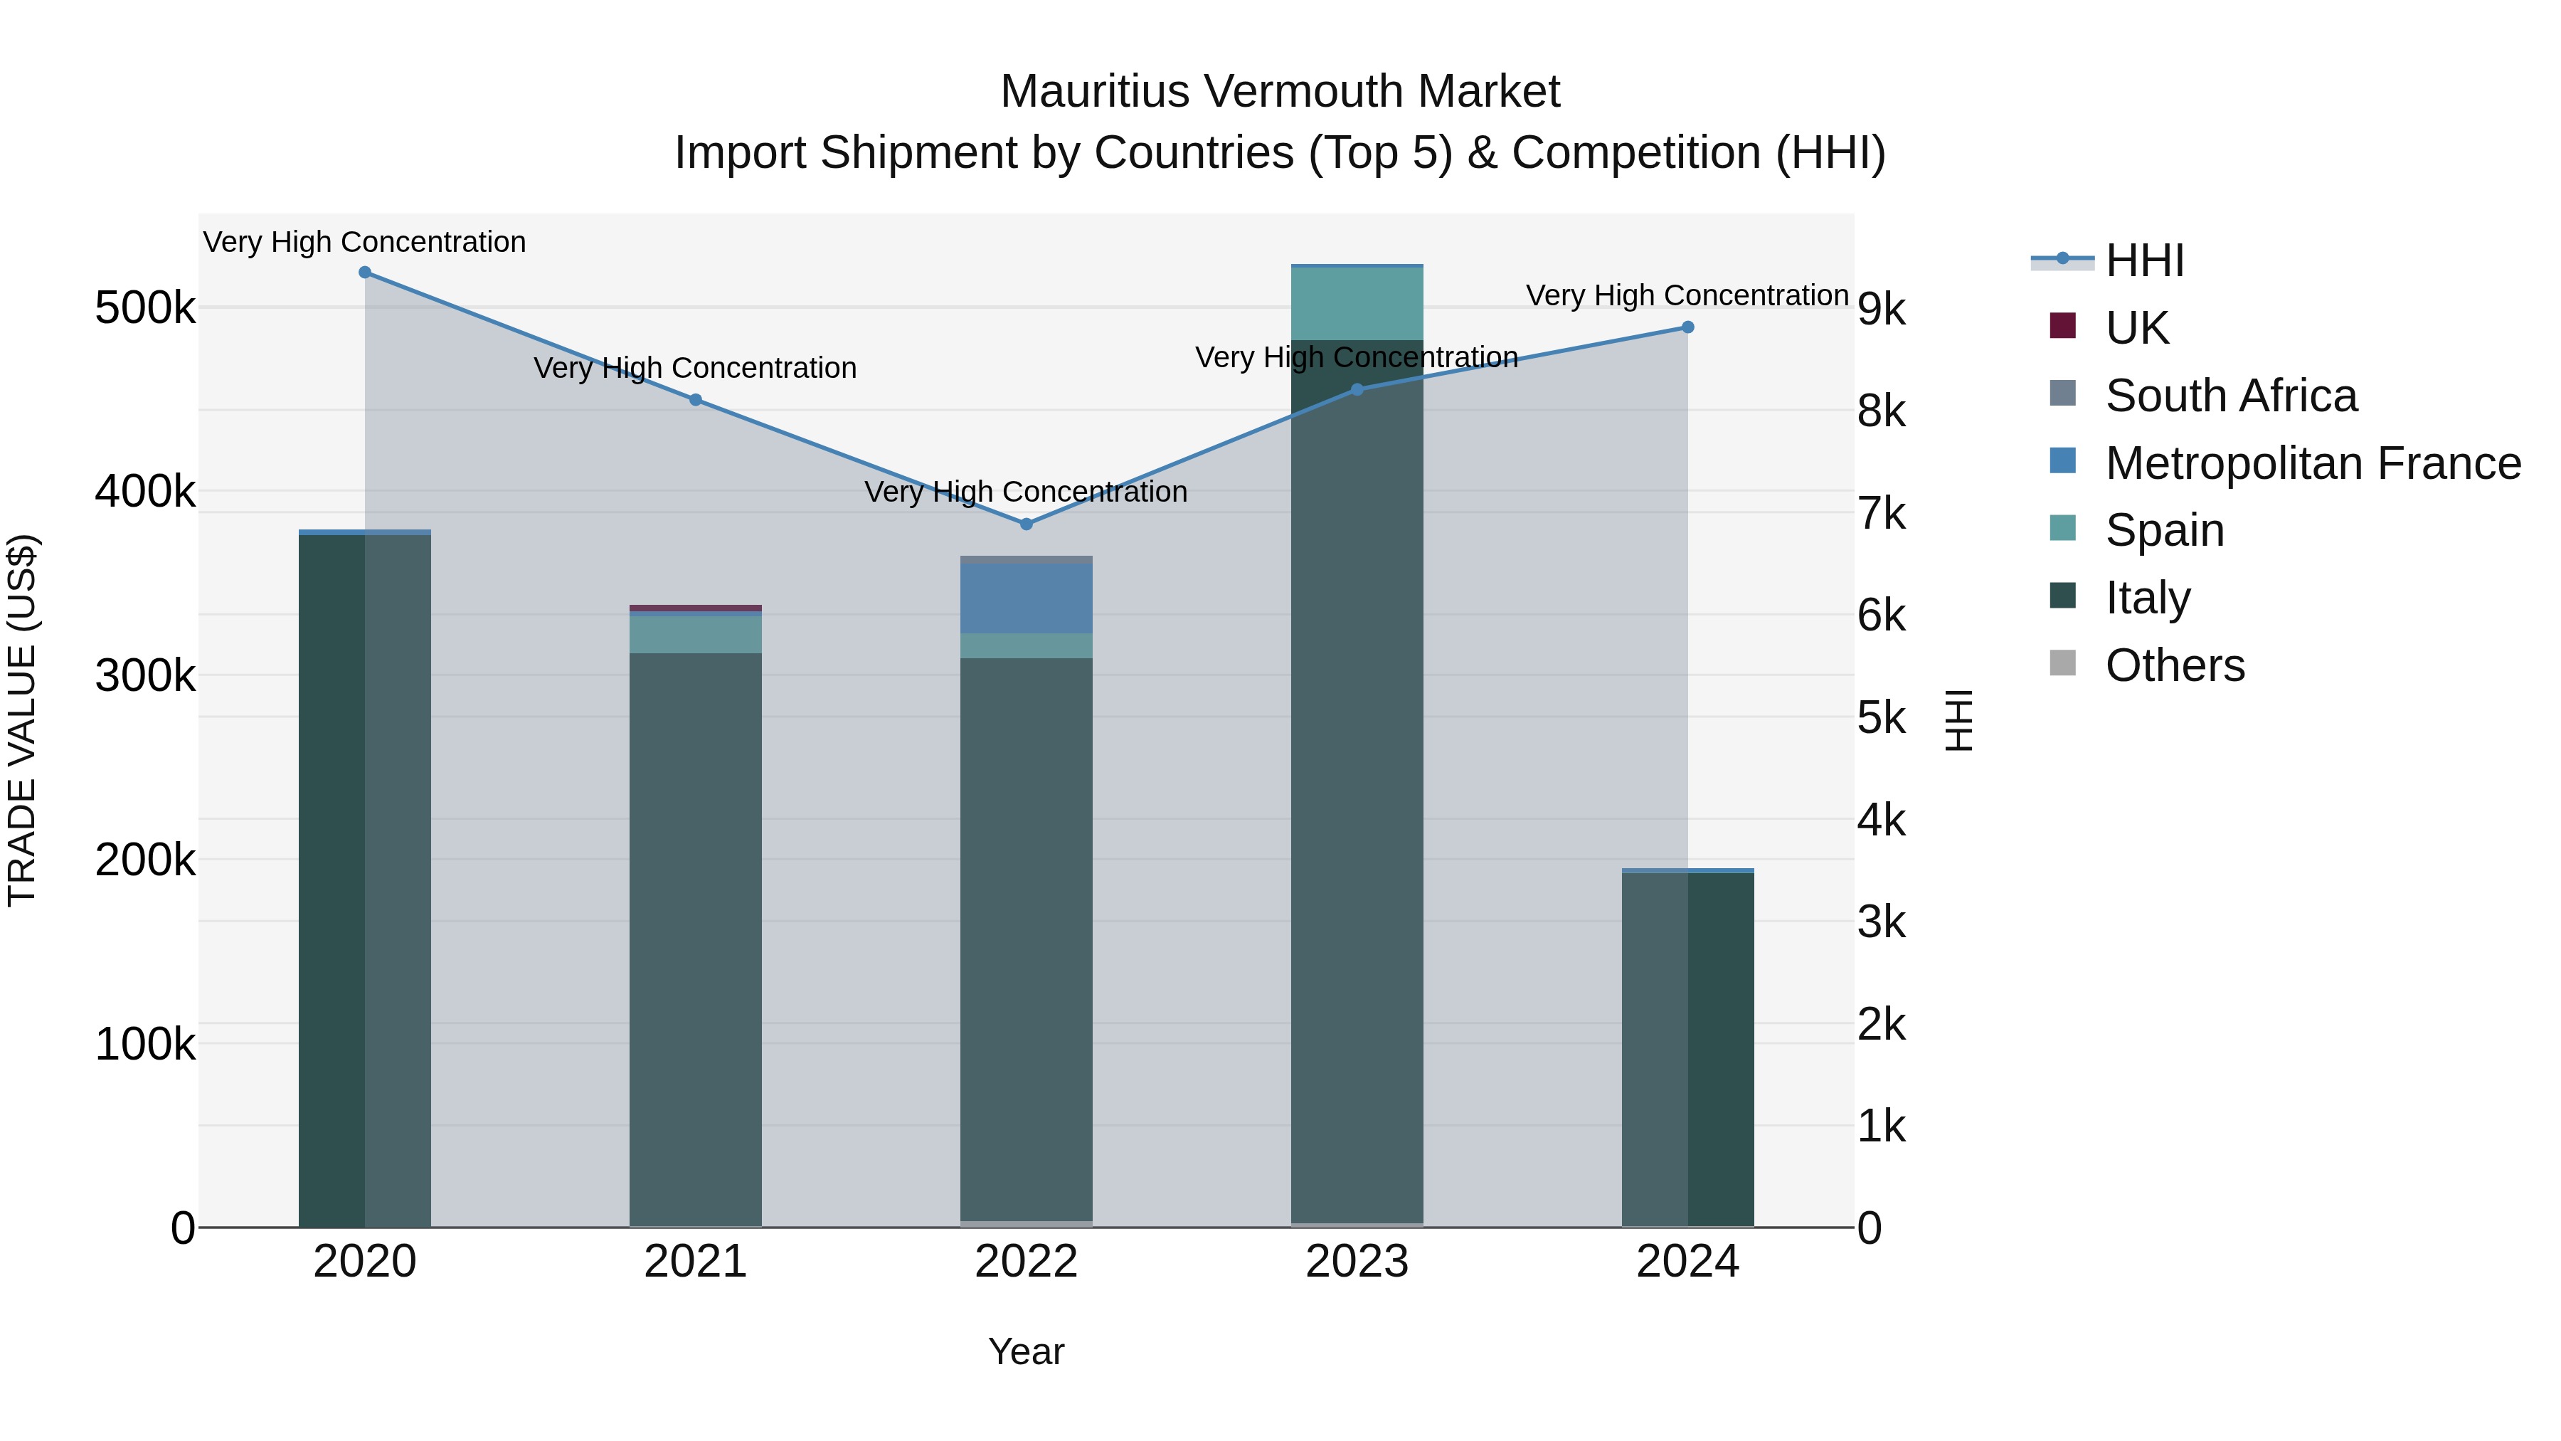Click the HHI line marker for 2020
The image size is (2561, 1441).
[365, 273]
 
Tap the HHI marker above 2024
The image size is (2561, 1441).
[1687, 327]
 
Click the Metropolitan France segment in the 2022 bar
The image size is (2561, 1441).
[1026, 598]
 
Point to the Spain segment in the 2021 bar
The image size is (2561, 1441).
[695, 635]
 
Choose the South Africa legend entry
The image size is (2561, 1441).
[2230, 396]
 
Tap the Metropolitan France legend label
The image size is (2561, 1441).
[2313, 463]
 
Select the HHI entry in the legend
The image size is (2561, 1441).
[2144, 260]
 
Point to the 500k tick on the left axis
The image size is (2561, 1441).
[145, 308]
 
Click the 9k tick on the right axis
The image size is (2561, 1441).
[1882, 310]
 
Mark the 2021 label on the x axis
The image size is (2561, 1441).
[695, 1262]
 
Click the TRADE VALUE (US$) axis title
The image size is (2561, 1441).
[22, 720]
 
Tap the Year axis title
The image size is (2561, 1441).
[1026, 1351]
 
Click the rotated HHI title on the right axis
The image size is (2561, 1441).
[1958, 720]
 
